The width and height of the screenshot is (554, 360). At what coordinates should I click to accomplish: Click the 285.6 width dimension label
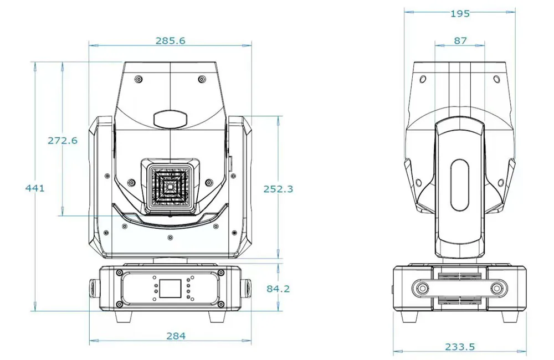coord(170,41)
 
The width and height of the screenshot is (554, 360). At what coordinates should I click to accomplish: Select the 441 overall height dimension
coord(35,188)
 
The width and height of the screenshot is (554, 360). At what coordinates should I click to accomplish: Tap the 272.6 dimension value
coord(62,140)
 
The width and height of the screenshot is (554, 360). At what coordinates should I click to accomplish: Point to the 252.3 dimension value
coord(278,188)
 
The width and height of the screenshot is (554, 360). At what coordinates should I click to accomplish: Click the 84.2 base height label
coord(278,288)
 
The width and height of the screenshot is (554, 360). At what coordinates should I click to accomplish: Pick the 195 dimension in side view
coord(460,13)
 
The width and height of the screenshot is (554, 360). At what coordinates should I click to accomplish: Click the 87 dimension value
coord(460,40)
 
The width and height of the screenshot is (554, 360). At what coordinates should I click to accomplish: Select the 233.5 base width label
coord(460,347)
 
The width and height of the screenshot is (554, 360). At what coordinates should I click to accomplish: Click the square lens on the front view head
coord(170,186)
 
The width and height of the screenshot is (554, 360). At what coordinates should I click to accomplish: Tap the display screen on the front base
coord(170,288)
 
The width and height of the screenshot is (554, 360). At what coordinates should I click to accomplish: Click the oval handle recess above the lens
coord(170,118)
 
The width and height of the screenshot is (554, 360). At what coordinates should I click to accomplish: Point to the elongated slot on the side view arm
coord(460,185)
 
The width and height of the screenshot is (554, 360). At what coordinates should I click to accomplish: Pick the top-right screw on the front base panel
coord(221,272)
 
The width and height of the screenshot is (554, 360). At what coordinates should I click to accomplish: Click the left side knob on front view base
coord(92,288)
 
